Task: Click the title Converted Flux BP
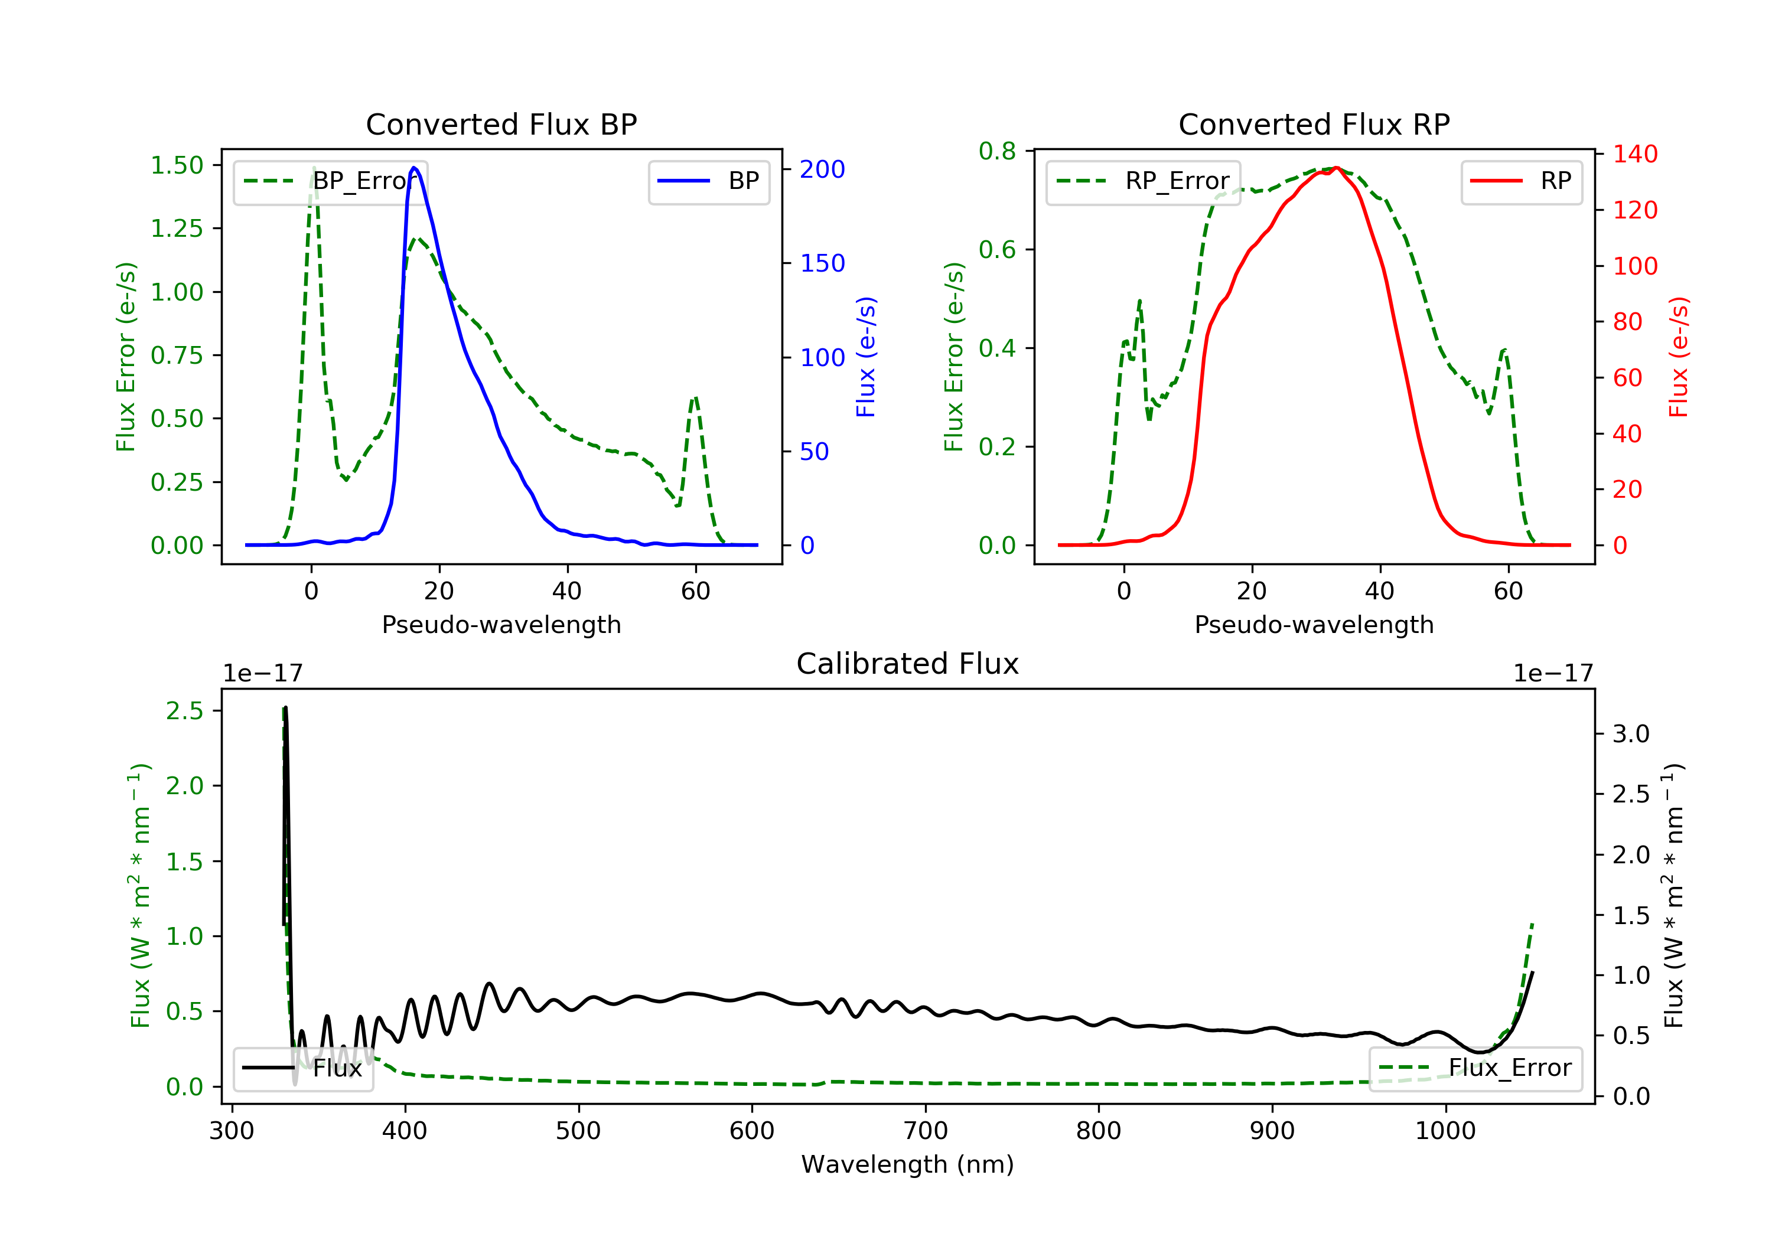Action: click(x=501, y=124)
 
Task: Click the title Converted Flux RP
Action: click(x=1314, y=124)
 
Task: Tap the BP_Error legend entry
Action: click(x=330, y=181)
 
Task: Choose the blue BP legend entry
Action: click(x=708, y=181)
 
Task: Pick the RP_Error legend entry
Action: click(x=1143, y=181)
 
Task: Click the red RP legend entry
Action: click(x=1521, y=181)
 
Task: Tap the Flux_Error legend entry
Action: click(x=1475, y=1068)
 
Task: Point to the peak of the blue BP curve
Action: click(x=415, y=168)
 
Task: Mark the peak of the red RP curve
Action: click(x=1336, y=168)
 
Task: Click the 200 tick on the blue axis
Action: click(x=822, y=169)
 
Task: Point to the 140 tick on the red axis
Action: click(x=1634, y=154)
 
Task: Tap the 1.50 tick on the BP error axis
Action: click(x=177, y=165)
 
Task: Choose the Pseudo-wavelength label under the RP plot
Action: click(x=1314, y=624)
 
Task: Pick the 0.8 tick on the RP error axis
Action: click(x=997, y=151)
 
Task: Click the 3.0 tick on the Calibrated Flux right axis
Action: click(x=1631, y=734)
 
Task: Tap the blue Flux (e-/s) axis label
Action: click(x=866, y=357)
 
